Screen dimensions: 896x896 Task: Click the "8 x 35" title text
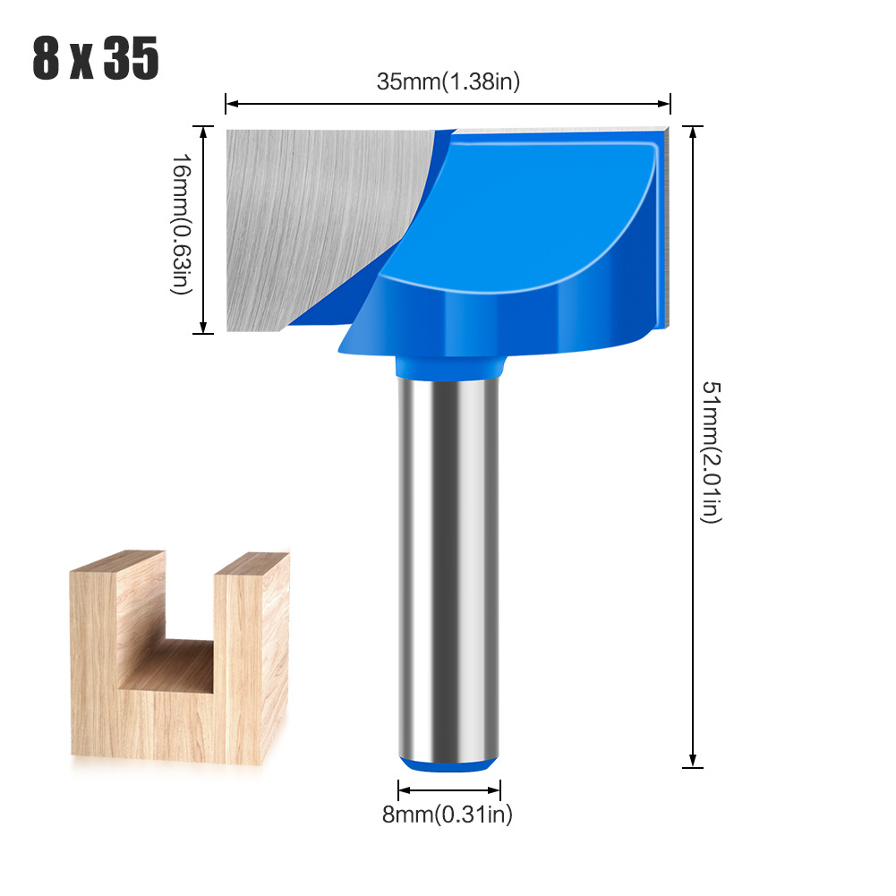pyautogui.click(x=96, y=60)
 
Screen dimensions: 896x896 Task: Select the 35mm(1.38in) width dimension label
pyautogui.click(x=448, y=81)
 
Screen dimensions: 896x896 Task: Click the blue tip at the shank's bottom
pyautogui.click(x=448, y=763)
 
